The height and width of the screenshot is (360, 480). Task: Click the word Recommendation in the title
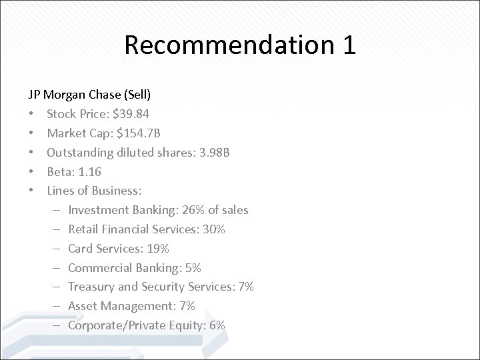(224, 45)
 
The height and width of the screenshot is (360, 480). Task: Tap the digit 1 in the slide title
(347, 45)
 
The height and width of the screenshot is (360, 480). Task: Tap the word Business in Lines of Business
(117, 191)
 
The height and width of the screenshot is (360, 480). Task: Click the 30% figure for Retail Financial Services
(214, 229)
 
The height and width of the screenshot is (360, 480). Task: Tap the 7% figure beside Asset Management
(185, 306)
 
